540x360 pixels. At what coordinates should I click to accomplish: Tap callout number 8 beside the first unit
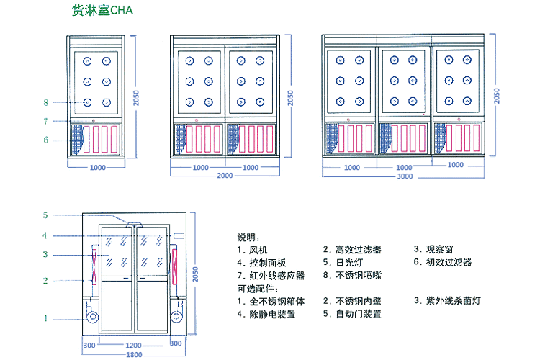(x=45, y=102)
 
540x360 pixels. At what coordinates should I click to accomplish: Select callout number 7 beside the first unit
(x=45, y=121)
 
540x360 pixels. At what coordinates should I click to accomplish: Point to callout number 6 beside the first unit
(x=45, y=140)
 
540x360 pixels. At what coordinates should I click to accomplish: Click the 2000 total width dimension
(x=225, y=176)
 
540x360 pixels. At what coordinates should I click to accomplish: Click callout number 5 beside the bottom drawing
(x=45, y=215)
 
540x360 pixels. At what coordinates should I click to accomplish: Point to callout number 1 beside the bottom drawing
(x=45, y=318)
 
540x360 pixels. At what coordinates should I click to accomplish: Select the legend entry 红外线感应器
(x=271, y=275)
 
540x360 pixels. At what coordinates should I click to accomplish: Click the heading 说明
(x=248, y=237)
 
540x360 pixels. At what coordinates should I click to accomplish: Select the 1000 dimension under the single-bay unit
(x=98, y=167)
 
